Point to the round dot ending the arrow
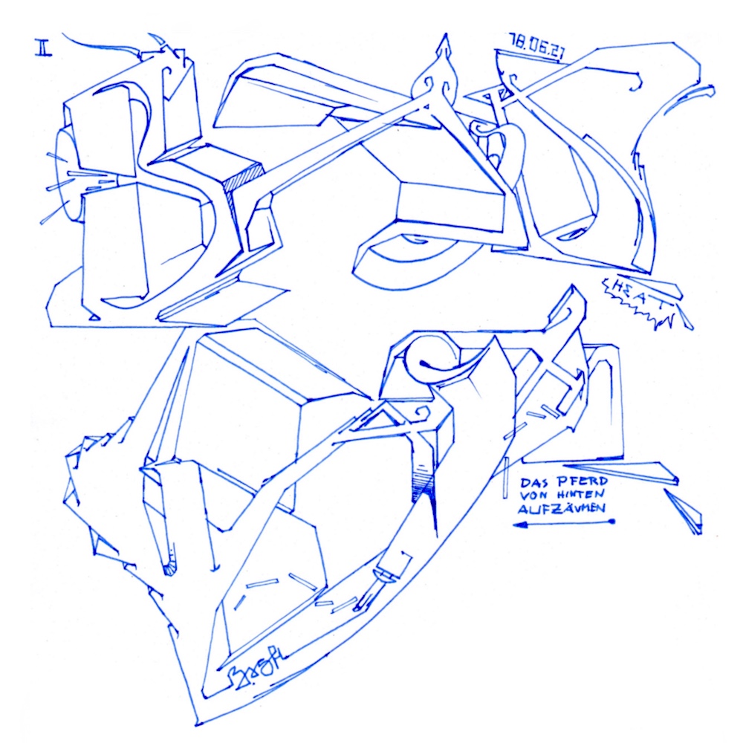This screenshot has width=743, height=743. click(612, 522)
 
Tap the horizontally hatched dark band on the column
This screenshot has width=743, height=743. click(424, 487)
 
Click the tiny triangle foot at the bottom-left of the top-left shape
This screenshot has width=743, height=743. click(94, 315)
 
